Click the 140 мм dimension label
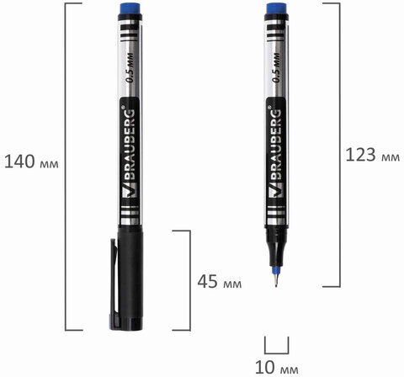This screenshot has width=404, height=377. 31,162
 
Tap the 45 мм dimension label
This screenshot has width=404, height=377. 220,282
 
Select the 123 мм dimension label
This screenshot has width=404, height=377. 373,155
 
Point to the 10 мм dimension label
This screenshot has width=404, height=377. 277,367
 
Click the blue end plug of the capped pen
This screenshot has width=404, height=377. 130,8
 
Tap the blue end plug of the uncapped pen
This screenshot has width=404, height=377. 276,8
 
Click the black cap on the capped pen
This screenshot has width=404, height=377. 130,279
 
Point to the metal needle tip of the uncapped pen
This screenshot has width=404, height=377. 276,280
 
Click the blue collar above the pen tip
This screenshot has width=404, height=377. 276,270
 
